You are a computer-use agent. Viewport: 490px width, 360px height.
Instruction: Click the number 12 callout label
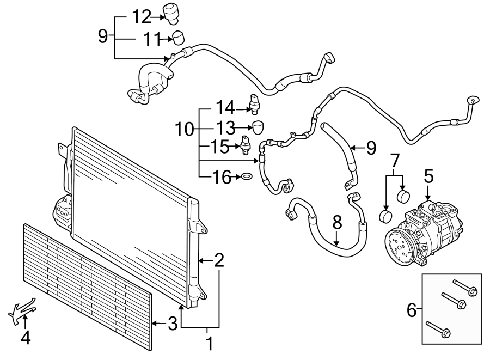[142, 17]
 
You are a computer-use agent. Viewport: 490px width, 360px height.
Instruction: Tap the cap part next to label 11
[179, 38]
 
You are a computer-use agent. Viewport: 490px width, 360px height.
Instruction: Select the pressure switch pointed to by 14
[253, 103]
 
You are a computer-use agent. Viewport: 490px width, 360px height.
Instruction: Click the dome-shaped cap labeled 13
[258, 127]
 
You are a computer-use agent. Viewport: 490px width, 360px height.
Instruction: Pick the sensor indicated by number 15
[246, 145]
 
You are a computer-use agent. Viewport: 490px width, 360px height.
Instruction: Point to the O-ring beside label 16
[246, 177]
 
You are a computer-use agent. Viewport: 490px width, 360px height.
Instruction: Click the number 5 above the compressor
[429, 176]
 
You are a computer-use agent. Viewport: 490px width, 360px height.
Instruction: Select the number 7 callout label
[395, 161]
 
